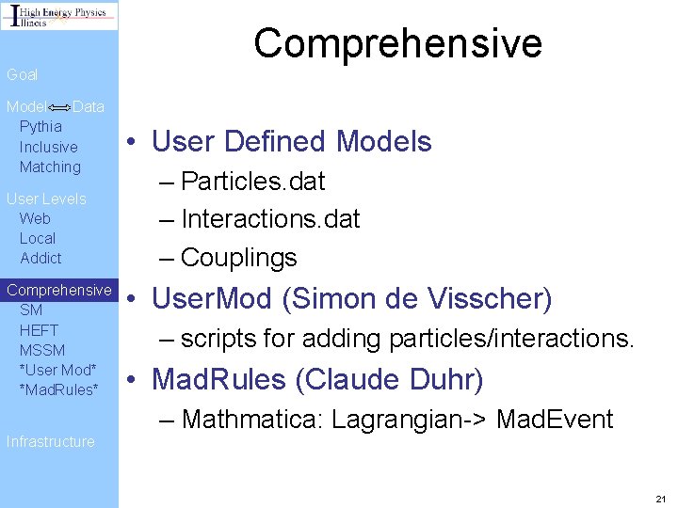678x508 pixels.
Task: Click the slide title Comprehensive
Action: [x=397, y=43]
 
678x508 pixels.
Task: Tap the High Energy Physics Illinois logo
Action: [x=59, y=16]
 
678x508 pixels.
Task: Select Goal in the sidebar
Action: [x=23, y=74]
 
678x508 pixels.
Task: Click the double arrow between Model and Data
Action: [x=59, y=107]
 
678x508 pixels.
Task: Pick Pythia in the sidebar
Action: [x=40, y=126]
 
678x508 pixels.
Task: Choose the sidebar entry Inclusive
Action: [x=48, y=147]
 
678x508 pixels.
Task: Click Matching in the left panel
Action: [x=50, y=167]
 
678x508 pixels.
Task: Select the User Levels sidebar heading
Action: [x=46, y=198]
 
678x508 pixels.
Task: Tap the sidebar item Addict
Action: [x=40, y=258]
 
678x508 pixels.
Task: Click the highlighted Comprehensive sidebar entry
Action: [x=58, y=290]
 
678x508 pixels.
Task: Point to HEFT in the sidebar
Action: [x=39, y=330]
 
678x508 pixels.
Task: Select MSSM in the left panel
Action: [x=42, y=350]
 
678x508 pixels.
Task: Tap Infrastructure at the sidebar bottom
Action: [x=50, y=441]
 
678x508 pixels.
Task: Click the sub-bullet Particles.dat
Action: [x=252, y=181]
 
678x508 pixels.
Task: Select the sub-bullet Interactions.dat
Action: [x=270, y=219]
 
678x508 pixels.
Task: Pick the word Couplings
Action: [x=238, y=257]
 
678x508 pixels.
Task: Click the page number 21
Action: [x=660, y=498]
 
